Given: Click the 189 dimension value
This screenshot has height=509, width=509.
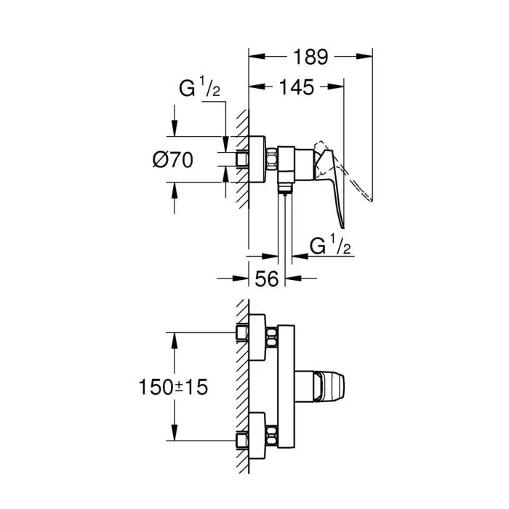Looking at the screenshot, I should point(311,57).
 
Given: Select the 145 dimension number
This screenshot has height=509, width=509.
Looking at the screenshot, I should point(297,87).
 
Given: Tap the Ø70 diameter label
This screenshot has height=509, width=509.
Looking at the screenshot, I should point(173,159).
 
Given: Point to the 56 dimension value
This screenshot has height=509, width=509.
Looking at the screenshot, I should point(267,278).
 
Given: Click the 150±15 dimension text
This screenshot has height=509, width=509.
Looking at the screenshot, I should point(174,387).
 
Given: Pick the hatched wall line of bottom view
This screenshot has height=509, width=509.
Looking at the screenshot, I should point(244,385).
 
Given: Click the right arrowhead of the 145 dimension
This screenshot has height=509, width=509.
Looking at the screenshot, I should point(340,87).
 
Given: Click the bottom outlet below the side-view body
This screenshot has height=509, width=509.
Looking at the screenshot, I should point(285,191).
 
